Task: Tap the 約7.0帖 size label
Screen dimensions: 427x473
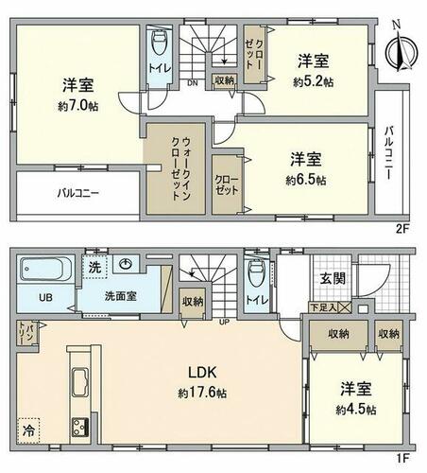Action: click(x=77, y=106)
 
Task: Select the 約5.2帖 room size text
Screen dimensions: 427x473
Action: click(x=314, y=82)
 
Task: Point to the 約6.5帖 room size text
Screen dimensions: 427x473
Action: click(x=306, y=181)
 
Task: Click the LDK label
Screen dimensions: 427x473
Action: click(x=202, y=373)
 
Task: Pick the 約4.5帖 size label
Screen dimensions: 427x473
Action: click(x=356, y=410)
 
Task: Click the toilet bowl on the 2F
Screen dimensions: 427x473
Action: click(x=160, y=43)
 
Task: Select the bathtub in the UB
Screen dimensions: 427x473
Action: click(x=46, y=270)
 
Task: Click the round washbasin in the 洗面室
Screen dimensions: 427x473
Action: click(x=126, y=264)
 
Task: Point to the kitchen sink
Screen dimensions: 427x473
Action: click(x=80, y=382)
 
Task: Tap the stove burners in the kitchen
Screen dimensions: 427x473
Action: click(x=80, y=427)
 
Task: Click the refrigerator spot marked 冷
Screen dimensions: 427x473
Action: click(x=28, y=430)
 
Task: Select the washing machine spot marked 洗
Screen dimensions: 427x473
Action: click(x=94, y=268)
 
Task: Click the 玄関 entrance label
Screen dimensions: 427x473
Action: click(x=333, y=279)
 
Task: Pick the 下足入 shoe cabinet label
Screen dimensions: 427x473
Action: click(x=324, y=307)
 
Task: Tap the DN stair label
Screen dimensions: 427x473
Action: click(x=192, y=83)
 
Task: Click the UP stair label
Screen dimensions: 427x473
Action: click(x=224, y=323)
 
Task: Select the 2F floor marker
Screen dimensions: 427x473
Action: click(x=401, y=229)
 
